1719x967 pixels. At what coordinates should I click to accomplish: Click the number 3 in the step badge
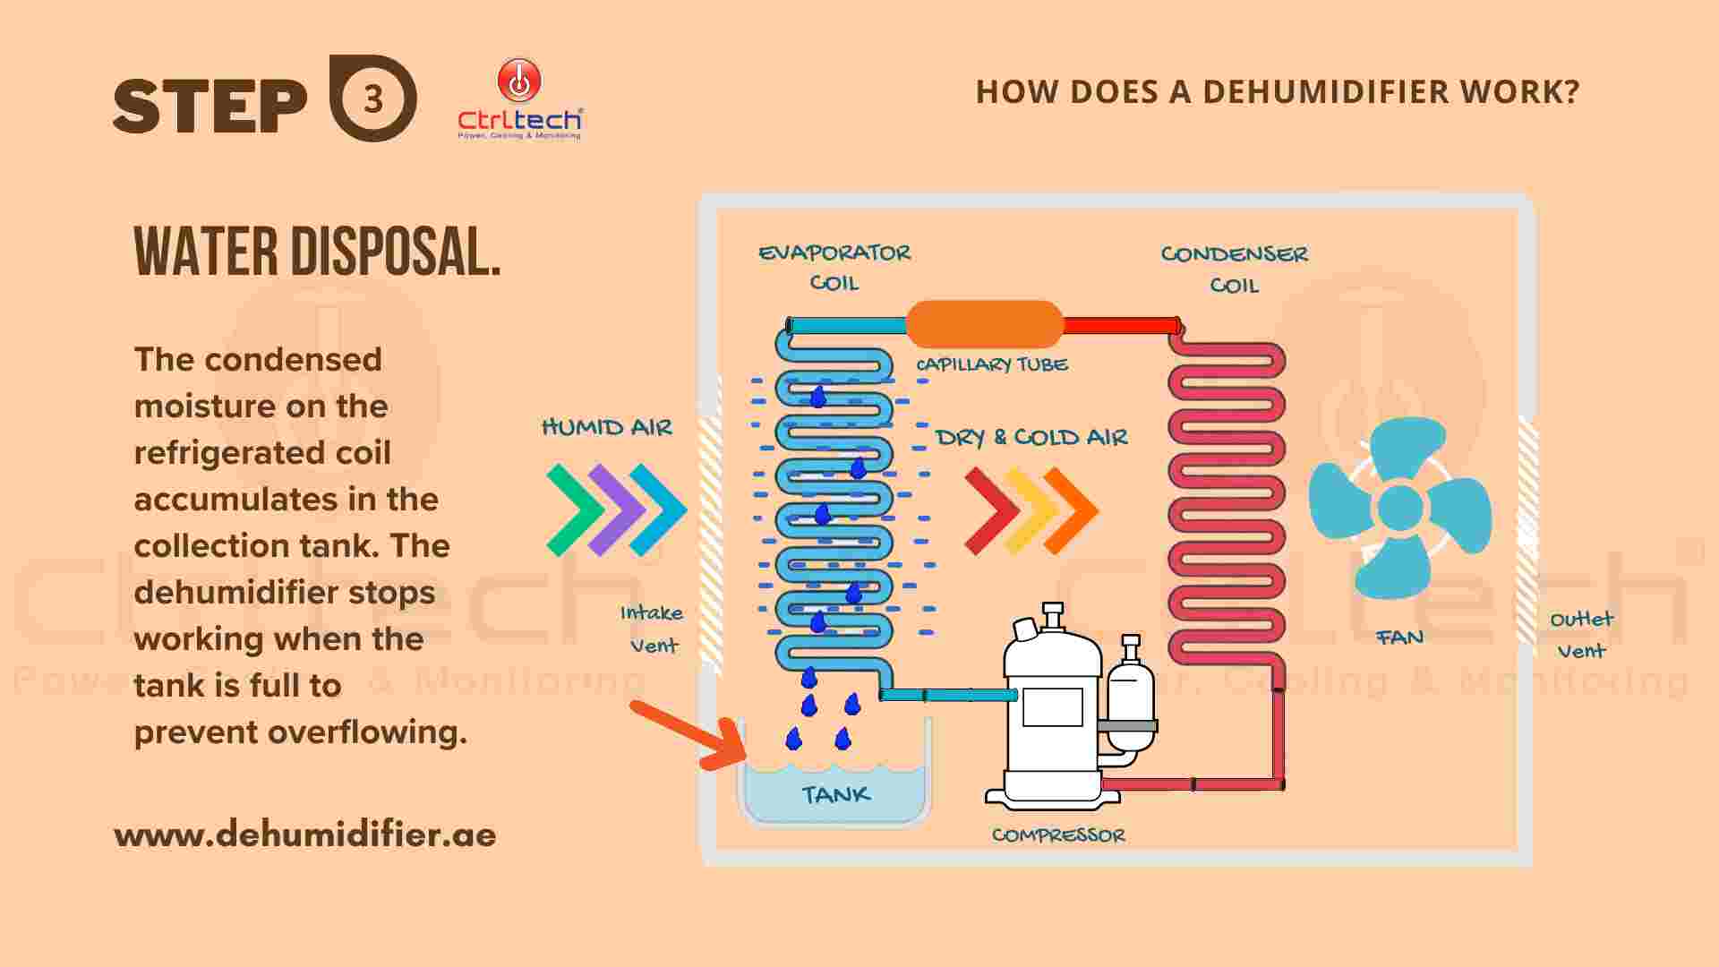[x=373, y=98]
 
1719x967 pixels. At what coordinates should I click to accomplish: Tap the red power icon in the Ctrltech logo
[x=519, y=81]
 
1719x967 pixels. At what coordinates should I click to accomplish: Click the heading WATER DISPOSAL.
[x=317, y=252]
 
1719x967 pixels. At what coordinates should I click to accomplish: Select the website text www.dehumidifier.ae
[x=305, y=834]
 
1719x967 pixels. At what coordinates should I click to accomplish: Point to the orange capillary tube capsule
[x=984, y=324]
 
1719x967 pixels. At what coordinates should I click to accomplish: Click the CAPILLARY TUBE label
[x=991, y=364]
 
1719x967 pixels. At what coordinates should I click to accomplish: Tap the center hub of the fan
[x=1399, y=508]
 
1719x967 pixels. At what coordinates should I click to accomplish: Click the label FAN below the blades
[x=1399, y=638]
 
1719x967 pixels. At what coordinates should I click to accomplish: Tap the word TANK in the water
[x=836, y=794]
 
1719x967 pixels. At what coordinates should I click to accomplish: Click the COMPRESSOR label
[x=1058, y=835]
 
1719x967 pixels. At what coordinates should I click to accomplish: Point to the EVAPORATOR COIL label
[x=834, y=268]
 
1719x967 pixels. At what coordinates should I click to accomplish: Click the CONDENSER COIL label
[x=1235, y=270]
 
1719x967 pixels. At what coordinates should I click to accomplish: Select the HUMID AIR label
[x=607, y=427]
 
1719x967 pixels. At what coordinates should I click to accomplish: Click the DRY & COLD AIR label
[x=1031, y=437]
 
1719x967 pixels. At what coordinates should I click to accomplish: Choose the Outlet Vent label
[x=1581, y=635]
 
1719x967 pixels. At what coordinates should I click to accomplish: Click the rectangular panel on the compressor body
[x=1052, y=707]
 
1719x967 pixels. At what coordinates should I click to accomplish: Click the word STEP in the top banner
[x=210, y=105]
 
